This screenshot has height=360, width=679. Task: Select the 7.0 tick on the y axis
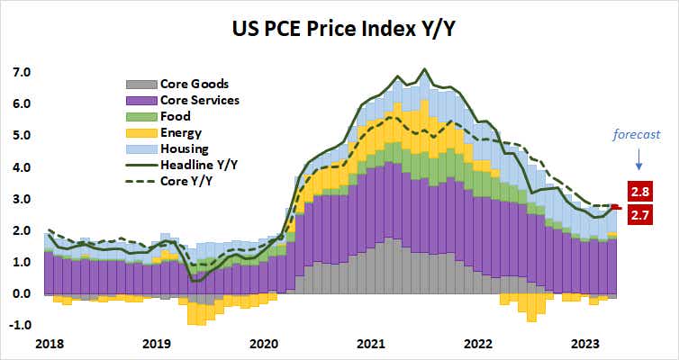pyautogui.click(x=21, y=72)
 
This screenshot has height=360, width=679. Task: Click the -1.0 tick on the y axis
pyautogui.click(x=19, y=325)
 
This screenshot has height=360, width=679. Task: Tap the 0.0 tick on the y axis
pyautogui.click(x=21, y=293)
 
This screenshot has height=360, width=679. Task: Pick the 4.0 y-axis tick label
pyautogui.click(x=21, y=167)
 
